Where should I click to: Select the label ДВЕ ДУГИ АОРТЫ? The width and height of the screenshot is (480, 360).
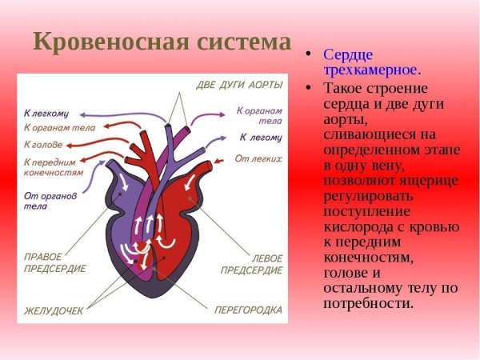click(x=239, y=85)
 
